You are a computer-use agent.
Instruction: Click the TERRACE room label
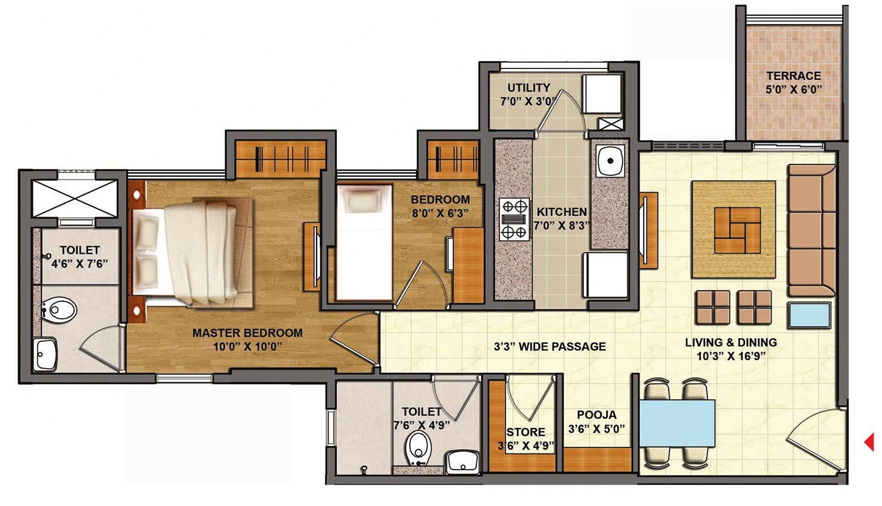(793, 76)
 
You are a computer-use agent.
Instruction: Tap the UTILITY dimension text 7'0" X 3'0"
(528, 102)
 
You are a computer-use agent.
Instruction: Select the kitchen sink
(610, 161)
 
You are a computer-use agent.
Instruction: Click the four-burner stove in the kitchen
(514, 219)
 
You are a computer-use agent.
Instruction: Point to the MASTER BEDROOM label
(247, 333)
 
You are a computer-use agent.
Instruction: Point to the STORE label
(525, 433)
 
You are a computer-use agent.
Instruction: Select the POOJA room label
(597, 415)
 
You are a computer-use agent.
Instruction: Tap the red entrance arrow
(870, 442)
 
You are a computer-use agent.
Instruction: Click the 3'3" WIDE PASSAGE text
(549, 347)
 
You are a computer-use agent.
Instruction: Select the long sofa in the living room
(811, 230)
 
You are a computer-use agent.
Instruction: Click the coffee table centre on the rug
(737, 230)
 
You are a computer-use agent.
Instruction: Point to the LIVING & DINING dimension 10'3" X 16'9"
(731, 356)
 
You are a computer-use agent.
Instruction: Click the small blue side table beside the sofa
(810, 315)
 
